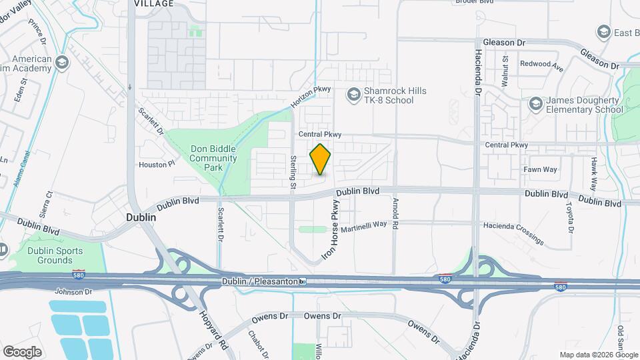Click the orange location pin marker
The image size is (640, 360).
click(321, 159)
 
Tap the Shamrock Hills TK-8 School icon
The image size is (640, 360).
click(353, 95)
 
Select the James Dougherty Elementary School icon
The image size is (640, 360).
click(535, 104)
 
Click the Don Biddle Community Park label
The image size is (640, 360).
click(213, 159)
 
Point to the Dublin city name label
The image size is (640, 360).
click(141, 217)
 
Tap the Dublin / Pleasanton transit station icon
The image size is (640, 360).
click(303, 281)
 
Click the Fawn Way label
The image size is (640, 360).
click(540, 169)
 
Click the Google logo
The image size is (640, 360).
click(22, 351)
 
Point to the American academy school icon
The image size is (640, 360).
click(63, 63)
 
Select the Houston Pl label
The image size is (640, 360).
click(157, 163)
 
